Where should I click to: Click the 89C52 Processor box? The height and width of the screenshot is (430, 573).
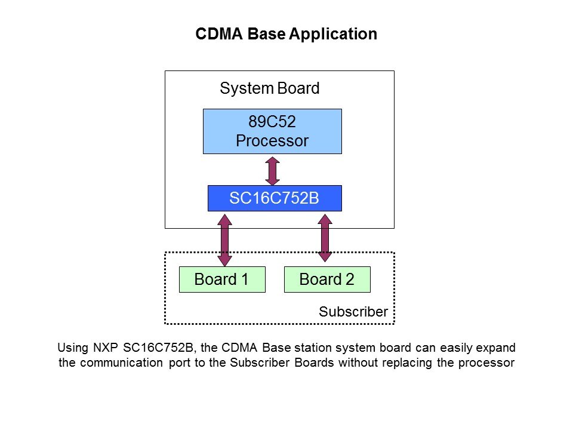click(x=272, y=131)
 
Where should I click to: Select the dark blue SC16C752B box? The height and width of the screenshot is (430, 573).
click(x=274, y=198)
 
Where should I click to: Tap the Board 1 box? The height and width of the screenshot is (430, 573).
click(x=222, y=279)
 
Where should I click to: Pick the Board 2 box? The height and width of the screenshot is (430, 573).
click(x=327, y=279)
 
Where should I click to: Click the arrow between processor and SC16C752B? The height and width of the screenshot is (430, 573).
click(x=272, y=170)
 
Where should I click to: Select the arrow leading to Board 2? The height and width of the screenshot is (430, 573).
click(x=325, y=238)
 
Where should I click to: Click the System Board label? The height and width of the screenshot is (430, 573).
click(x=270, y=88)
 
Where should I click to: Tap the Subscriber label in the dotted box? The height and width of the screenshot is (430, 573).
click(x=353, y=311)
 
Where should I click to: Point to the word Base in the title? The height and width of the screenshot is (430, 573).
click(x=266, y=34)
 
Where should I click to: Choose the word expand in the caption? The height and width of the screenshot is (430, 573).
click(x=497, y=348)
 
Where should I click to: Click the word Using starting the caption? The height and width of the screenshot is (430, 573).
click(x=71, y=348)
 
